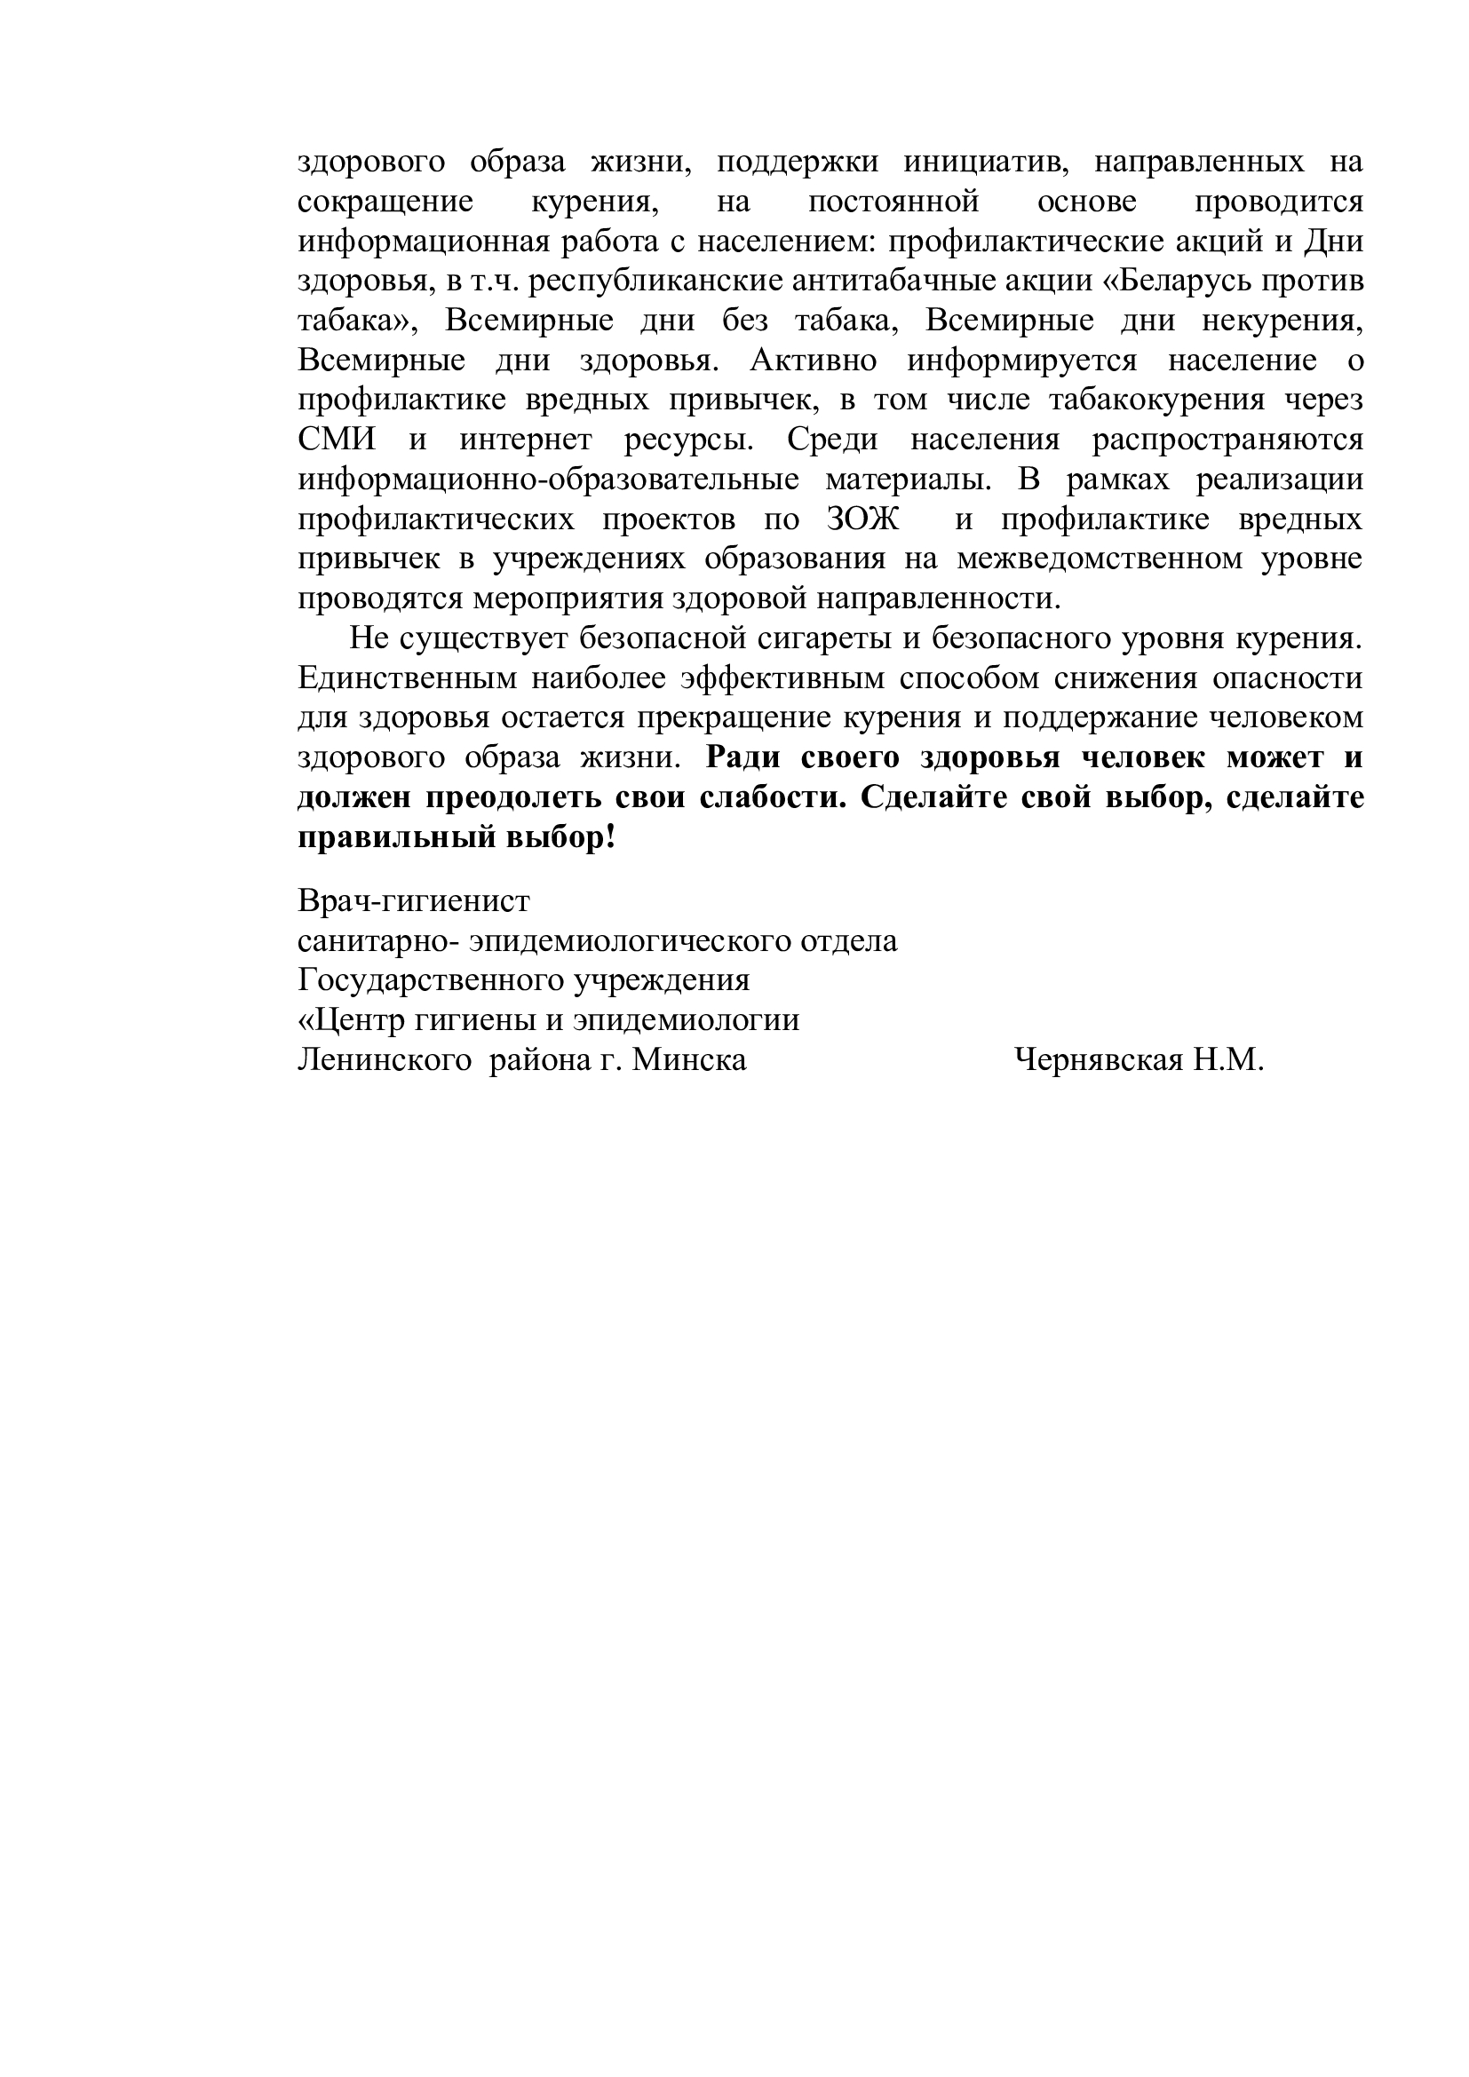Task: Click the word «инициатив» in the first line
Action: pos(986,162)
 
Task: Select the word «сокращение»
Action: pos(385,202)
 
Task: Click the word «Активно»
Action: pos(814,361)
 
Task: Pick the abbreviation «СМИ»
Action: pos(337,440)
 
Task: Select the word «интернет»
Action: pos(526,440)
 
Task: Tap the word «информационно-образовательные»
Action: pos(548,480)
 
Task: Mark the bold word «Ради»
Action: pos(742,758)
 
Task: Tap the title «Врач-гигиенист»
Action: pos(414,902)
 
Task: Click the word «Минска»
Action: pos(689,1059)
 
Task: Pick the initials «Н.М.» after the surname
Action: pos(1227,1059)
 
